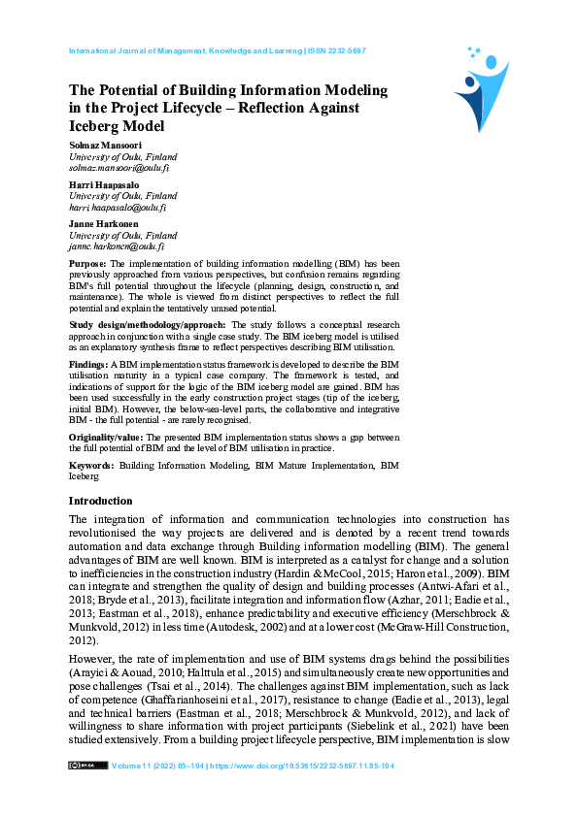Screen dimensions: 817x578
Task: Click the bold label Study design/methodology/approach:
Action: (147, 323)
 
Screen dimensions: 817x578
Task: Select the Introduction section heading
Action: (100, 501)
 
